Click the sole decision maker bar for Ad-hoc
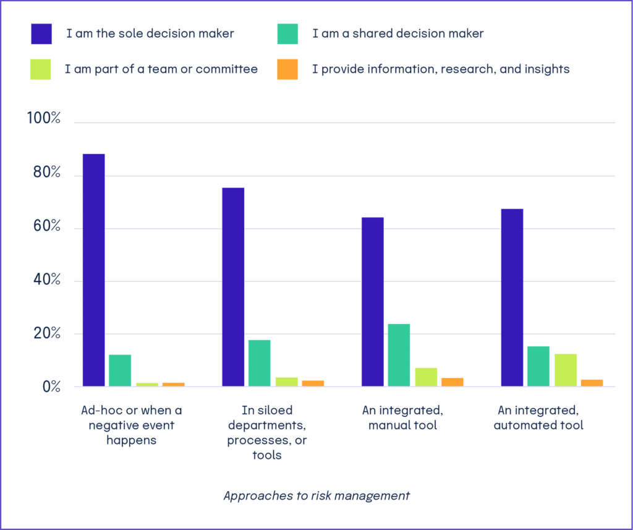tap(94, 270)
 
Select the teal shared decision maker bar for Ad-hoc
tap(120, 370)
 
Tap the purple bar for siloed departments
tap(233, 287)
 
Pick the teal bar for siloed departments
tap(259, 363)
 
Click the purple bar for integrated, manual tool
tap(373, 302)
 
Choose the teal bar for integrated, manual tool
tap(399, 355)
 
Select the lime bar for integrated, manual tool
tap(426, 377)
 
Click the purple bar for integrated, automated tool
tap(512, 297)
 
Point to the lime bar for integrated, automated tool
tap(565, 370)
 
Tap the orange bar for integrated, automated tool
tap(592, 383)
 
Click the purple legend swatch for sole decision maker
tap(41, 34)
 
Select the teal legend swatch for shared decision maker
tap(288, 34)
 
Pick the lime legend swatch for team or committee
tap(41, 69)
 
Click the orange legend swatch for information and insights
tap(288, 69)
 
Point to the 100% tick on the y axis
tap(44, 119)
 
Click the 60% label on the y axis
tap(46, 227)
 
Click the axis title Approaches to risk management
tap(316, 496)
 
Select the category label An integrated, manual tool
tap(402, 418)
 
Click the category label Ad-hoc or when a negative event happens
tap(131, 425)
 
